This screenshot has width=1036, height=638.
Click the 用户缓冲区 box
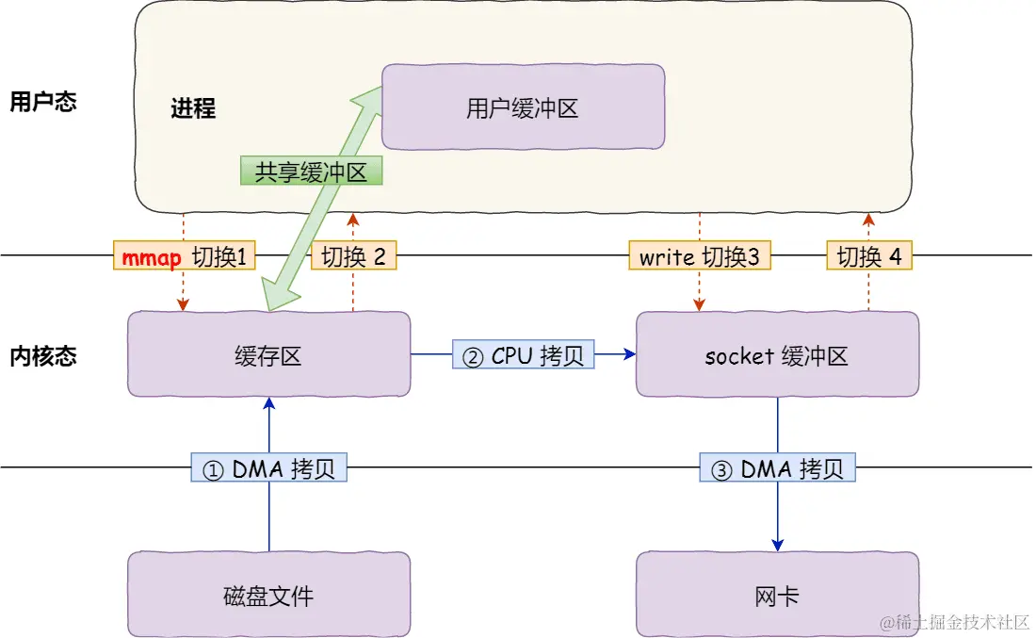(x=523, y=109)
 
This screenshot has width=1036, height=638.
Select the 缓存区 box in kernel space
(x=268, y=355)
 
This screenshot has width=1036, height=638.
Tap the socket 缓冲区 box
(x=777, y=355)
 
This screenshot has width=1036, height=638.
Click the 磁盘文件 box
(x=268, y=596)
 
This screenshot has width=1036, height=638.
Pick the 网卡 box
(x=777, y=596)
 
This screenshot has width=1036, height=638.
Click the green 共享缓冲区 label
(x=311, y=171)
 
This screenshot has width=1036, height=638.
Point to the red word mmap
(x=152, y=257)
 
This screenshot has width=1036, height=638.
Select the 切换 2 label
(x=354, y=256)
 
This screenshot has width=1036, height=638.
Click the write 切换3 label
(x=699, y=256)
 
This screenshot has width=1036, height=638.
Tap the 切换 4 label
(x=869, y=256)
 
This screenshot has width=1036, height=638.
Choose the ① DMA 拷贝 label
(x=269, y=468)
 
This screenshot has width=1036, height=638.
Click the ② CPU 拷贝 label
(x=524, y=355)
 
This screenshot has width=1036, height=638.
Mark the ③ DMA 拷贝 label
(x=778, y=468)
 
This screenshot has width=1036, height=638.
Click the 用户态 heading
(x=42, y=102)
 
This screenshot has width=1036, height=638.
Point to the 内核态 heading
(x=42, y=356)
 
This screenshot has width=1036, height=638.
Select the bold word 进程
(x=193, y=108)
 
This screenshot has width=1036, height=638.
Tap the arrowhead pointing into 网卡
(x=778, y=545)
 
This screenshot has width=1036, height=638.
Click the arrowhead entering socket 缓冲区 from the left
(x=629, y=354)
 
